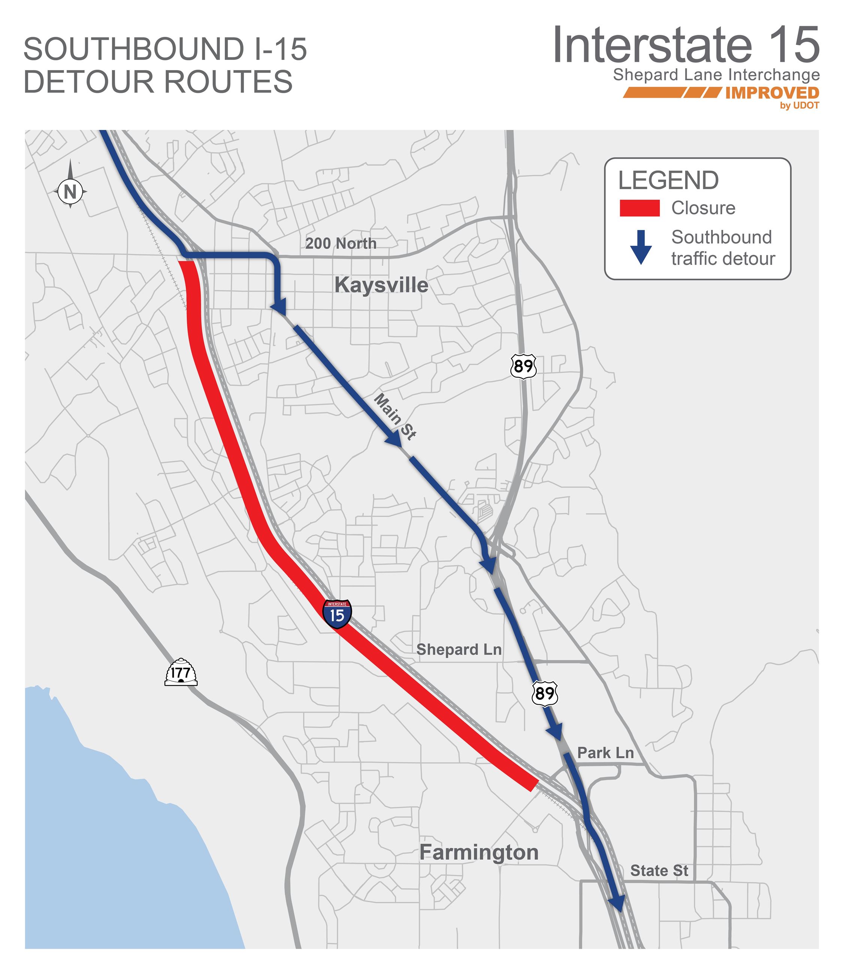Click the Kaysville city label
tap(381, 285)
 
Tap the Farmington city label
tap(478, 853)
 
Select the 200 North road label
tap(341, 243)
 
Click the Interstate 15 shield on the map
tap(337, 614)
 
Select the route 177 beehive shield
tap(181, 672)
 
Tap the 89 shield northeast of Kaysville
tap(523, 366)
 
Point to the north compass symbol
tap(70, 191)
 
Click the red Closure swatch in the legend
tap(639, 208)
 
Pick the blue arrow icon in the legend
tap(641, 247)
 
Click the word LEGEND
tap(668, 181)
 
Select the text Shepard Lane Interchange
tap(716, 75)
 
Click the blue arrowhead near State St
tap(617, 903)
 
